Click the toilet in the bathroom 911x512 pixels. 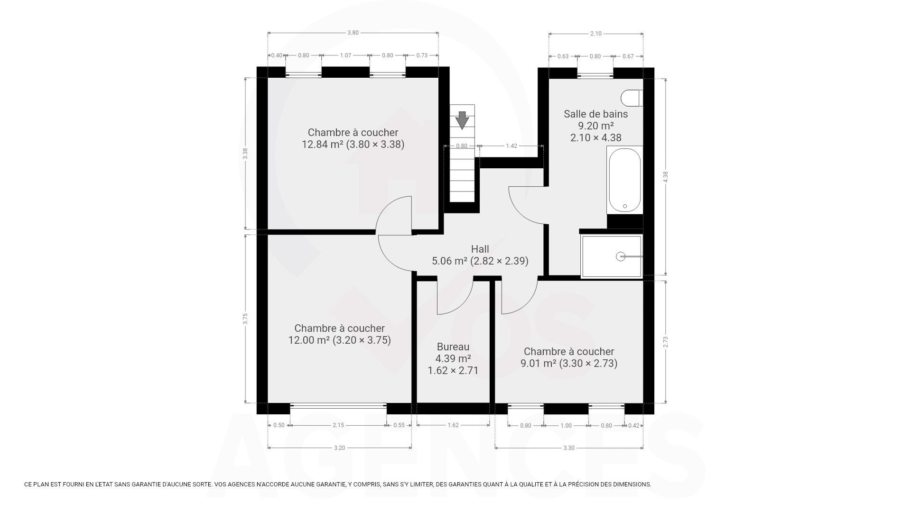[632, 98]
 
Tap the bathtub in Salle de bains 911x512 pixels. [624, 180]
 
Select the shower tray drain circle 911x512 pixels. [621, 256]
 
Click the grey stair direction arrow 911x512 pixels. [462, 120]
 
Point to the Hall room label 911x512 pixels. [480, 249]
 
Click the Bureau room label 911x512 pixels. [453, 347]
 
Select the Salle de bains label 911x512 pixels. [595, 114]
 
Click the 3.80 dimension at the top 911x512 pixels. [353, 33]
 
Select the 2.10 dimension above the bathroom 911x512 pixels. [596, 33]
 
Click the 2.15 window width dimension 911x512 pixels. [338, 425]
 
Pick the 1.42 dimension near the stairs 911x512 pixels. [511, 146]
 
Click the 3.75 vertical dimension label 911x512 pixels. [245, 319]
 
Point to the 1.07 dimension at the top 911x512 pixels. [345, 55]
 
